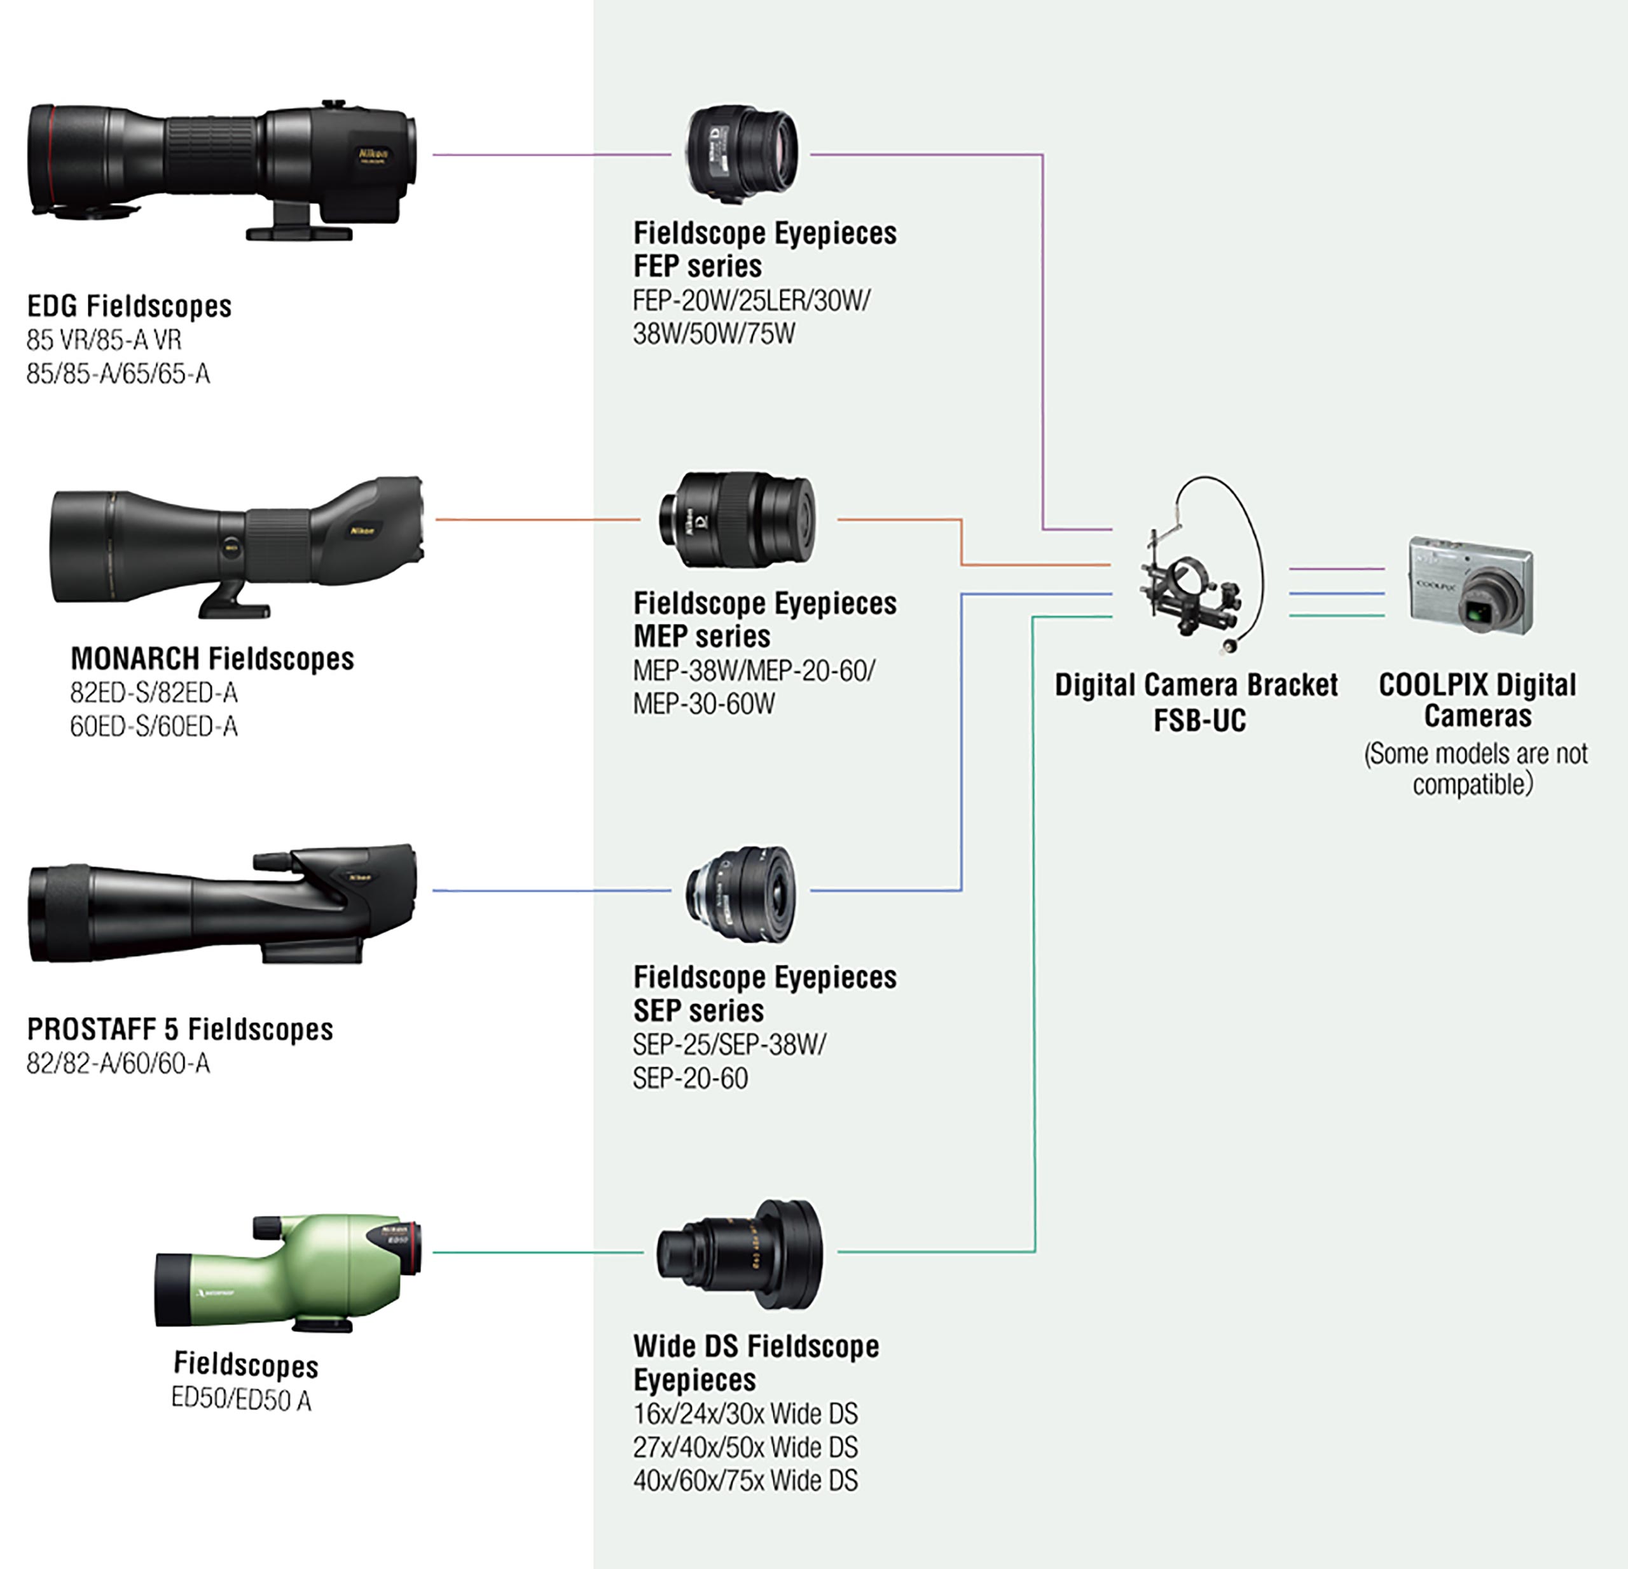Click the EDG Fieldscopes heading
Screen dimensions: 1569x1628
click(x=128, y=307)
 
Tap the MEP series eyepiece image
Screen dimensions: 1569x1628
click(x=737, y=520)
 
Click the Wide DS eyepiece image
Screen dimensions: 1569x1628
click(x=739, y=1254)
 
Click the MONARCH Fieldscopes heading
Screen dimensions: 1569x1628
click(x=212, y=659)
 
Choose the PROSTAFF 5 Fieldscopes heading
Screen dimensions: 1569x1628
click(x=179, y=1029)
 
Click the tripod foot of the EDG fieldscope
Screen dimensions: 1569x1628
click(x=299, y=232)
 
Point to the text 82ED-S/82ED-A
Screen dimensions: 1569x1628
click(x=154, y=693)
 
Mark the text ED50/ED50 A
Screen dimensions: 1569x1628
click(x=241, y=1400)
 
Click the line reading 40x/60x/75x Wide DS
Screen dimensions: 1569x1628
click(x=745, y=1480)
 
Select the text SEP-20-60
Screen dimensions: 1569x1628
click(x=690, y=1078)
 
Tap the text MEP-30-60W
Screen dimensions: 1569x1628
click(x=703, y=704)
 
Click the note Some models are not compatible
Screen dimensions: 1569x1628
click(x=1475, y=769)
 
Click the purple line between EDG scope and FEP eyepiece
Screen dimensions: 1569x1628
click(x=548, y=155)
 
